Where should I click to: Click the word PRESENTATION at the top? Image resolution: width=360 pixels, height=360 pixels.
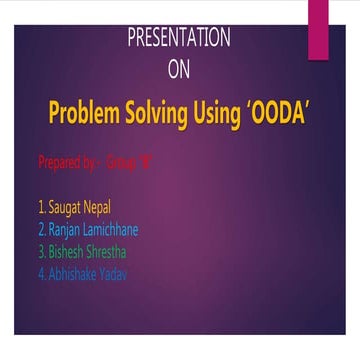179,39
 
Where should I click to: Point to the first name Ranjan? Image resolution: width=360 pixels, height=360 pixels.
66,230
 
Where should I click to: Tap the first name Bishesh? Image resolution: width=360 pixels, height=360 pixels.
68,252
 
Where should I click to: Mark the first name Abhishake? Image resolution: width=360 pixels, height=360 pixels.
74,273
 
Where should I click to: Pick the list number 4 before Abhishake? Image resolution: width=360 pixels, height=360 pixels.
40,273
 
